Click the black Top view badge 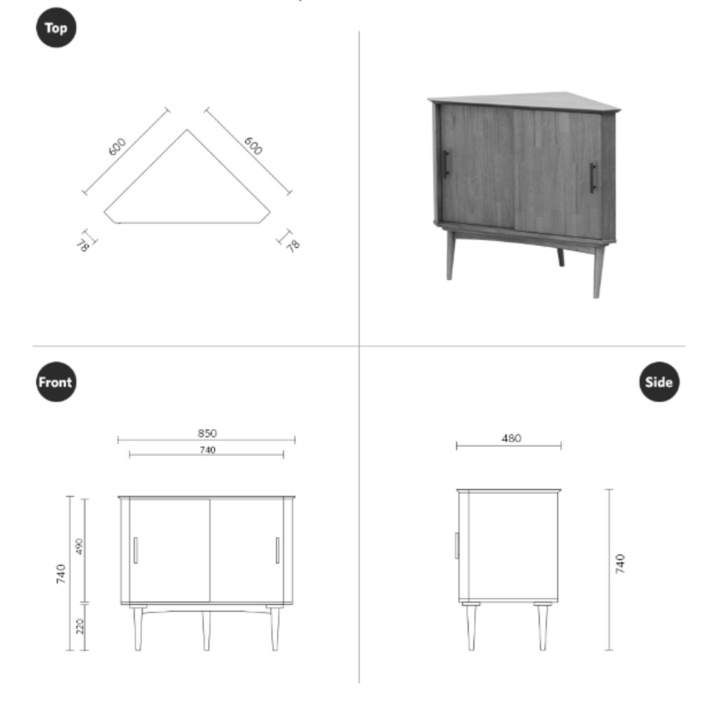click(56, 28)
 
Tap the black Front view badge click(56, 381)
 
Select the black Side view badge click(659, 381)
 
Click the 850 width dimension click(207, 433)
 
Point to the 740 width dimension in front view click(207, 450)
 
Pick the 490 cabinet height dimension click(79, 547)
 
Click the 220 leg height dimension click(80, 626)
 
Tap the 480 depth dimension click(511, 438)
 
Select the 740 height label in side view click(620, 564)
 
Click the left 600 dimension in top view click(117, 147)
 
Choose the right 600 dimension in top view click(253, 145)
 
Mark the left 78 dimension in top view click(83, 245)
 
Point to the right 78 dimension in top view click(293, 245)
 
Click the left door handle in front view click(136, 550)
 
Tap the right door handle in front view click(277, 550)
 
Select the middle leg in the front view click(206, 631)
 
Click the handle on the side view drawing click(457, 545)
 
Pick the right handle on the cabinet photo click(593, 178)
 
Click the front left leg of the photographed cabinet click(450, 255)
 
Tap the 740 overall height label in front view click(61, 574)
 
